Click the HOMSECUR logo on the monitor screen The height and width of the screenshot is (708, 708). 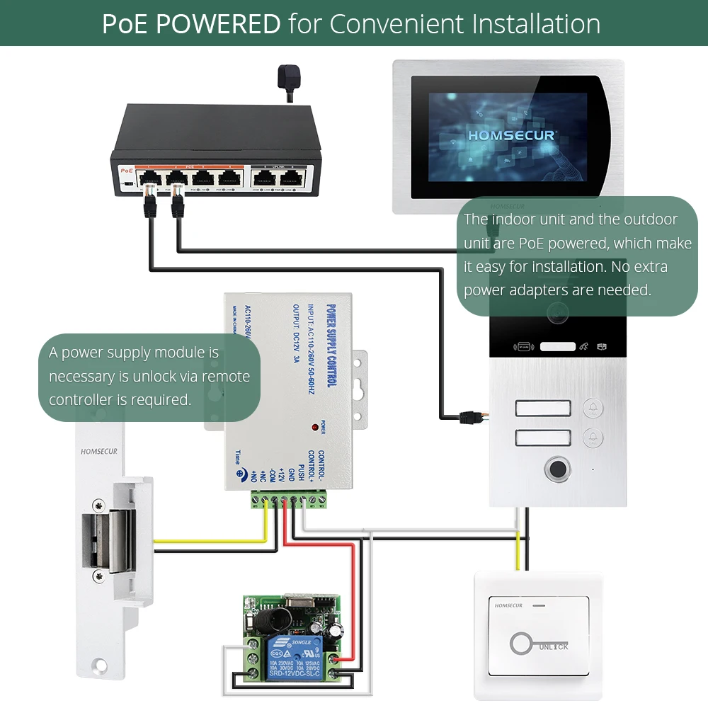(512, 134)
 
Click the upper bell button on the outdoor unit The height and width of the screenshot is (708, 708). (593, 409)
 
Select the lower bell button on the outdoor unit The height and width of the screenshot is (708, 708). (593, 438)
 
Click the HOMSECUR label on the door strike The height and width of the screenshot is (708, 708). (98, 451)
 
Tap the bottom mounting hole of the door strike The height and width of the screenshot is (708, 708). (100, 665)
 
